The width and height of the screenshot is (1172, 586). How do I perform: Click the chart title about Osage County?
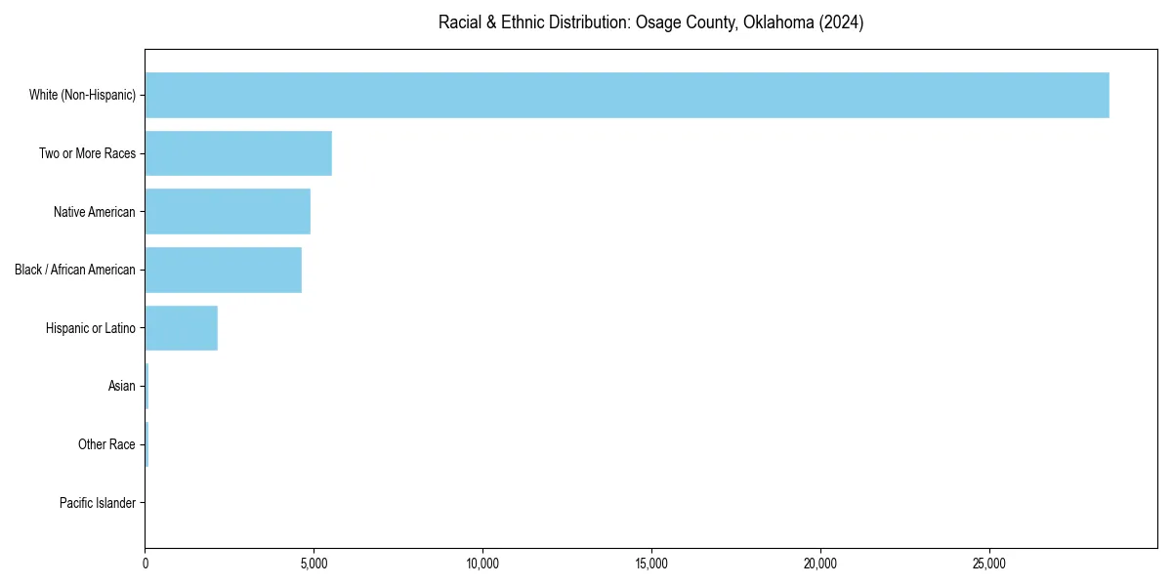(x=650, y=22)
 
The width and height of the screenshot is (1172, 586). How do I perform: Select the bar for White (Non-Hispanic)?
(x=627, y=95)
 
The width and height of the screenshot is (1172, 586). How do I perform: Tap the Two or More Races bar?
(x=238, y=153)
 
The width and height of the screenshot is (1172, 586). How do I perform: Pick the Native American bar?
(x=228, y=212)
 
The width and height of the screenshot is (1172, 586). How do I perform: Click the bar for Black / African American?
(x=224, y=271)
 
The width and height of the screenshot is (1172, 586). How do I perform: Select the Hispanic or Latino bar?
(x=182, y=329)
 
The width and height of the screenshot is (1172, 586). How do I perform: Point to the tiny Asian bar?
(x=146, y=387)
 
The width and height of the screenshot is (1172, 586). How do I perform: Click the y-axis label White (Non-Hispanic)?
(x=82, y=96)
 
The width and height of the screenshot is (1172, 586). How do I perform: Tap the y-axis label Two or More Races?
(x=87, y=154)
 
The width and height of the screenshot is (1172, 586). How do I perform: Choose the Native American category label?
(x=95, y=212)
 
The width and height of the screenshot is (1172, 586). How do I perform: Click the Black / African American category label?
(x=75, y=271)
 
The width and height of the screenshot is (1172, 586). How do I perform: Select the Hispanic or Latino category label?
(x=91, y=329)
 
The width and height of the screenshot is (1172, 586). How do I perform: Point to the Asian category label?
(x=122, y=387)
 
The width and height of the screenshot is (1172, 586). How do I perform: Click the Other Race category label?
(x=106, y=445)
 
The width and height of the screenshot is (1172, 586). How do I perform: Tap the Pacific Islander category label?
(x=98, y=504)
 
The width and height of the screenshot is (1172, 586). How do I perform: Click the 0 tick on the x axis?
(x=146, y=564)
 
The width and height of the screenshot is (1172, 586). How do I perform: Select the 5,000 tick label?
(x=314, y=564)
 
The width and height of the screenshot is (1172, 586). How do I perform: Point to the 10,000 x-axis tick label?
(x=482, y=564)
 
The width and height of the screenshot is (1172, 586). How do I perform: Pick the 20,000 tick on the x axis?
(x=820, y=564)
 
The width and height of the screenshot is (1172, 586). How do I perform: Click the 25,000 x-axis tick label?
(x=989, y=564)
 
